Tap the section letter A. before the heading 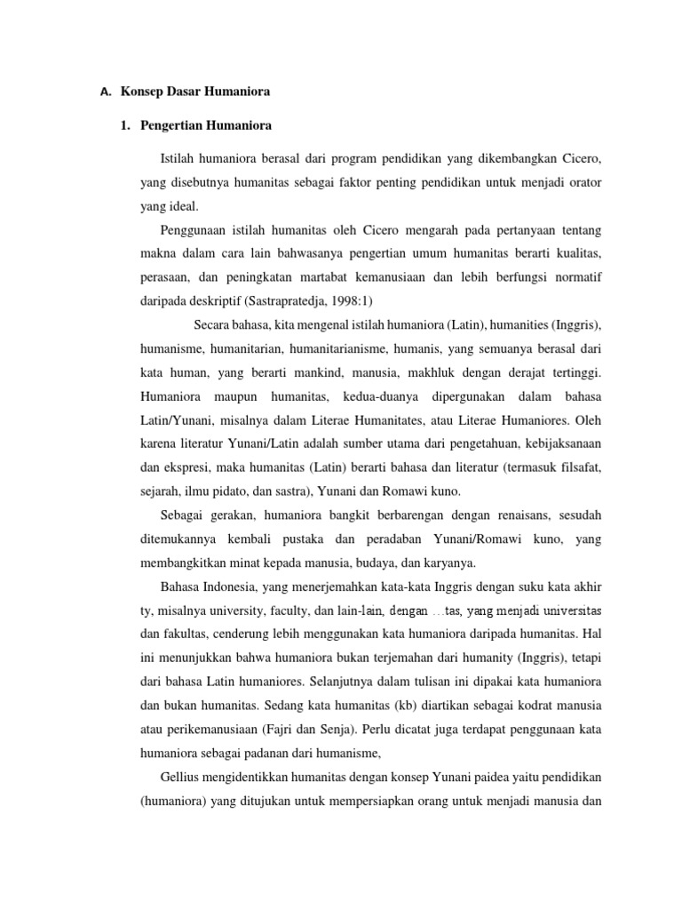(106, 91)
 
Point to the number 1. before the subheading (125, 125)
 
